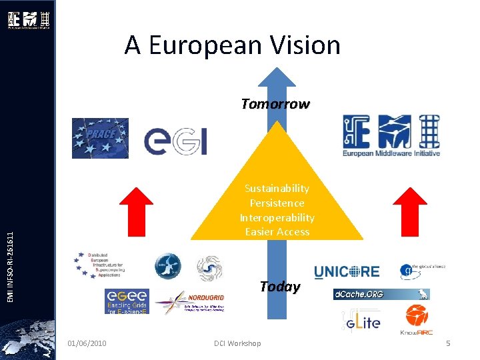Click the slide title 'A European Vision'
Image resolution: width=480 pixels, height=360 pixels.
click(x=232, y=45)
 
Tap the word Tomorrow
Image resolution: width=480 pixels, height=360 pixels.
click(x=275, y=104)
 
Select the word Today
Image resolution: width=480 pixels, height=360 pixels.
click(x=279, y=287)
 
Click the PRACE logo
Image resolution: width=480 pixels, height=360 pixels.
click(x=100, y=138)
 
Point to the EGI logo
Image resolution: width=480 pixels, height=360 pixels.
click(x=176, y=141)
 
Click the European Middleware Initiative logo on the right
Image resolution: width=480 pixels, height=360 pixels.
click(x=391, y=136)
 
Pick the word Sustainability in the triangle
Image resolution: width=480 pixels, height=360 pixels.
click(x=277, y=188)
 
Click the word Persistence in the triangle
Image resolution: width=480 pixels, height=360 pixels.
click(x=277, y=203)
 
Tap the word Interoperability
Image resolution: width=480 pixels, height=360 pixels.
click(x=277, y=217)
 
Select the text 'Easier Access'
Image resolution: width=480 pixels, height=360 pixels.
click(x=277, y=232)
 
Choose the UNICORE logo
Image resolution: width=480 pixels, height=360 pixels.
click(x=346, y=271)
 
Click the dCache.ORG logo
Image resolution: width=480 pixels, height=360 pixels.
click(x=381, y=294)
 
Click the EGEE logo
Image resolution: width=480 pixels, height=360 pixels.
click(x=127, y=301)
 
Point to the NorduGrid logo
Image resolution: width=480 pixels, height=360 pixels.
click(x=189, y=302)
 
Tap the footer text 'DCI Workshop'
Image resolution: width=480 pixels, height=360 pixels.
click(x=237, y=343)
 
